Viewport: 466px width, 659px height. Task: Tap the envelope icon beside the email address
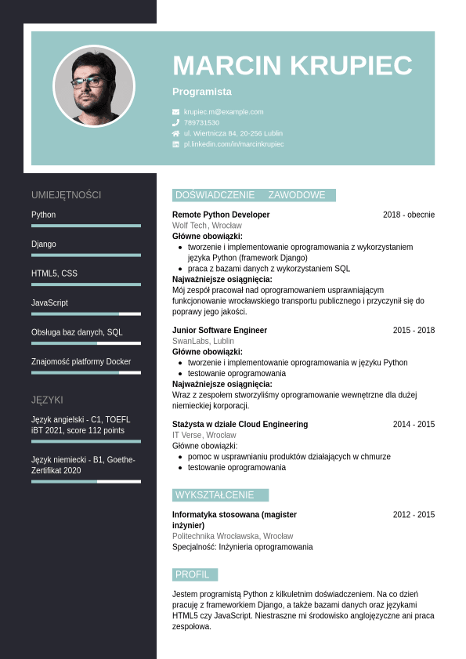tap(176, 112)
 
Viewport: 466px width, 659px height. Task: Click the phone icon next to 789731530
tap(176, 123)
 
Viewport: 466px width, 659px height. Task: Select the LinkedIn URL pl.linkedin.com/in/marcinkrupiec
tap(233, 144)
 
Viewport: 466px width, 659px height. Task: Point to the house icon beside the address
tap(176, 133)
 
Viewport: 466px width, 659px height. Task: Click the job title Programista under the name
tap(202, 92)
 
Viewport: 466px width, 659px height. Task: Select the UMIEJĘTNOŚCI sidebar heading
tap(67, 195)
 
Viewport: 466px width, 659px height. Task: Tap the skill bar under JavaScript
tap(86, 313)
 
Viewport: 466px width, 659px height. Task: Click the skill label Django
tap(44, 244)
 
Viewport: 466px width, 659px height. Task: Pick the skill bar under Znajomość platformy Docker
tap(86, 372)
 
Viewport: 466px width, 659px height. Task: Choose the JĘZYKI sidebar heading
tap(47, 400)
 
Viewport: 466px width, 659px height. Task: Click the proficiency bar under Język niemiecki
tap(86, 481)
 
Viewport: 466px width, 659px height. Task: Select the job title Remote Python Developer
tap(221, 215)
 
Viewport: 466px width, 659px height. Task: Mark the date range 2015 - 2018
tap(414, 331)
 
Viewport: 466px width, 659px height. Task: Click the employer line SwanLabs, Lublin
tap(203, 342)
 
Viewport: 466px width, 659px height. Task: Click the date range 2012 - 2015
tap(414, 515)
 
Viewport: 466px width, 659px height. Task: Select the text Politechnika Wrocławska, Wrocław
tap(233, 537)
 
